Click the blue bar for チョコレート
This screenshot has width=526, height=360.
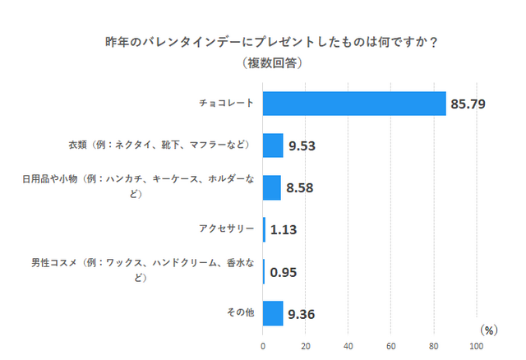[x=354, y=104]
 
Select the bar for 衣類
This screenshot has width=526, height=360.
[x=273, y=145]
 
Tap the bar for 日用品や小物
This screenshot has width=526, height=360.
[x=272, y=187]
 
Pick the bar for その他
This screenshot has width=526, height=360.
[x=273, y=313]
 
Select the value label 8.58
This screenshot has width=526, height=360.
[x=300, y=188]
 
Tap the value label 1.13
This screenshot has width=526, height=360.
[x=284, y=230]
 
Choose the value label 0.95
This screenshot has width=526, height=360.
[x=284, y=272]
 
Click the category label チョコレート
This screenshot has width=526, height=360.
[x=227, y=104]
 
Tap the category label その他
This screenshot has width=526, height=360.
[x=239, y=313]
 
